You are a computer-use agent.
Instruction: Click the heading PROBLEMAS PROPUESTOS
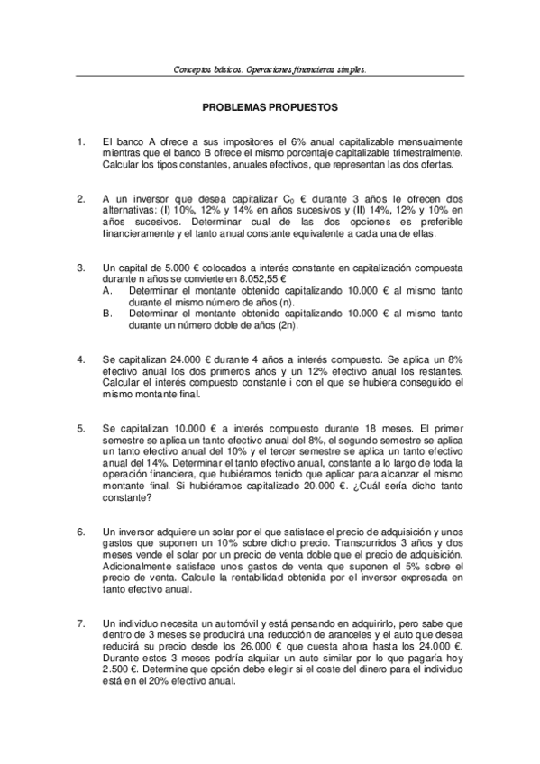(270, 106)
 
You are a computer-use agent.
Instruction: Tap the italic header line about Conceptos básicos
(270, 68)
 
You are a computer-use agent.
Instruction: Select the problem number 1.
(81, 141)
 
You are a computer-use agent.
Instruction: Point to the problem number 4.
(81, 359)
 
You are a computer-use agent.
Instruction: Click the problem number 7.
(81, 623)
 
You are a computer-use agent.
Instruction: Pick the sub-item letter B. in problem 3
(108, 314)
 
